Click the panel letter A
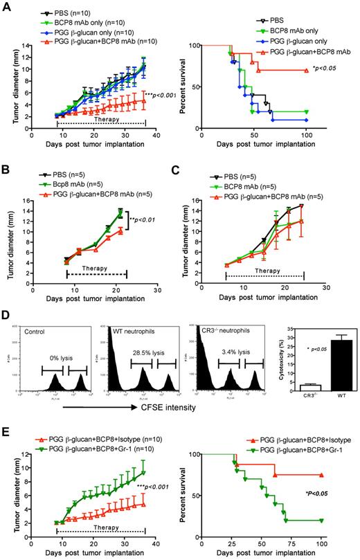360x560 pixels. click(x=6, y=6)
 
